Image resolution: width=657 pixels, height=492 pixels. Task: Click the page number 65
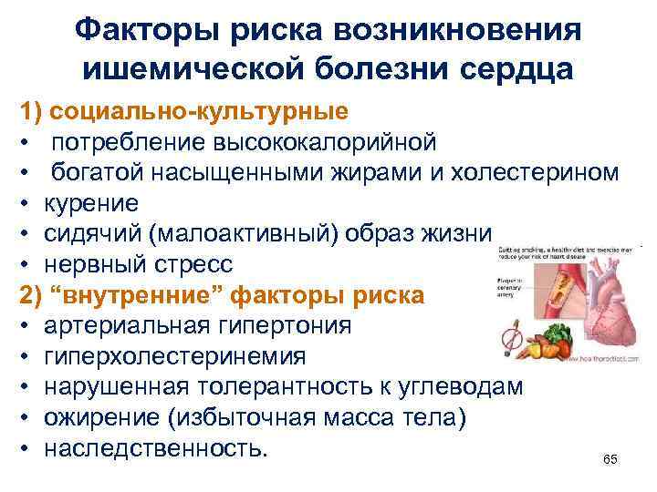[610, 458]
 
